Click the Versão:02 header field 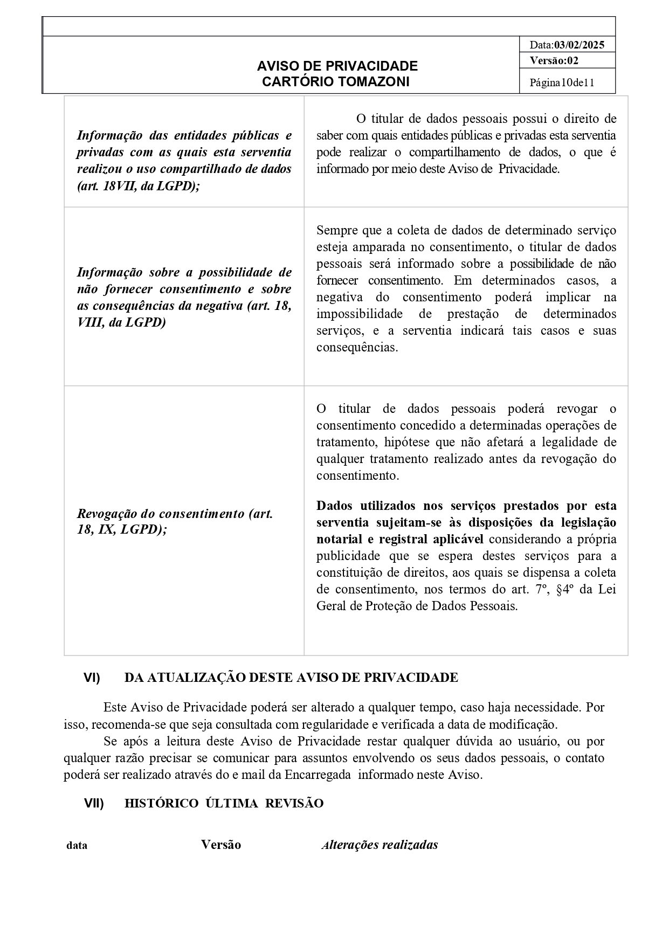(x=554, y=60)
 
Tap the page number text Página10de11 (x=562, y=82)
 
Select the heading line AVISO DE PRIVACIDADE (x=337, y=66)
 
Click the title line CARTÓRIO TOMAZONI (x=335, y=81)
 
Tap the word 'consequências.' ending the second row (x=357, y=347)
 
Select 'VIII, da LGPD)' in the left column (x=121, y=322)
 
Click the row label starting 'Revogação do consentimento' (x=175, y=514)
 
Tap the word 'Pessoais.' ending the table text (x=493, y=606)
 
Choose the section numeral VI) (x=92, y=678)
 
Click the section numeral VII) (x=93, y=803)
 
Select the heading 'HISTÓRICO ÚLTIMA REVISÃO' (x=224, y=803)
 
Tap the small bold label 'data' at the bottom (x=77, y=845)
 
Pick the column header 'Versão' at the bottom (x=221, y=845)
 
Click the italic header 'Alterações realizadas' (x=380, y=845)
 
